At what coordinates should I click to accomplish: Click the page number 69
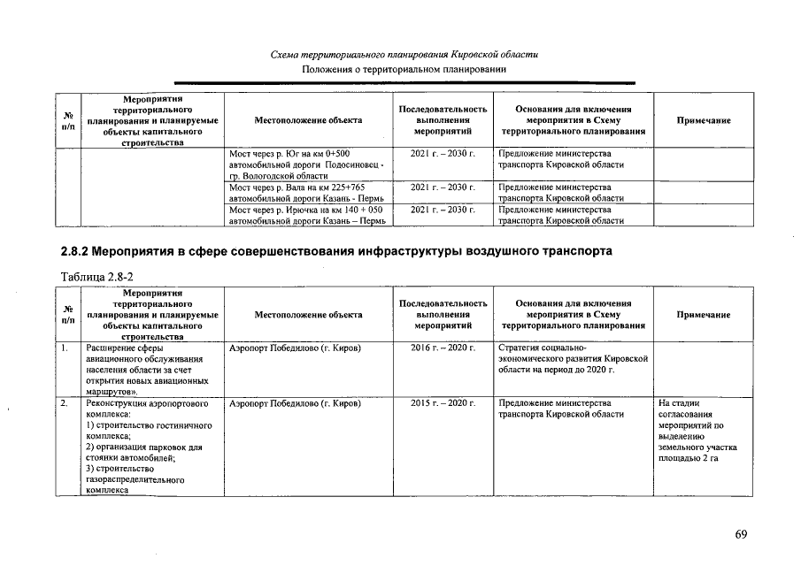741,533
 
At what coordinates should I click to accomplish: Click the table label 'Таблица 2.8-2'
96,277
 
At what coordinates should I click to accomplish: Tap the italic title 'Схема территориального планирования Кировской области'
404,55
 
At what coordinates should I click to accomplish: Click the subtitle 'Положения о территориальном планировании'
404,69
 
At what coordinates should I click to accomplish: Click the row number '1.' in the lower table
65,348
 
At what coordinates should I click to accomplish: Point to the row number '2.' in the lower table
65,403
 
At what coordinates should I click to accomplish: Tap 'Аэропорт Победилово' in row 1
295,348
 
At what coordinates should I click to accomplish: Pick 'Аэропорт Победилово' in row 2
295,403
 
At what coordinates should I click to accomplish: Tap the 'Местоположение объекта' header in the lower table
307,314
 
